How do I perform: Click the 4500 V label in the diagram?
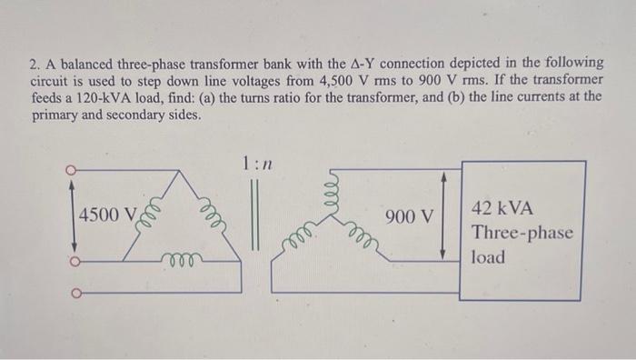pyautogui.click(x=106, y=215)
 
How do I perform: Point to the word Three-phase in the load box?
pyautogui.click(x=522, y=233)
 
